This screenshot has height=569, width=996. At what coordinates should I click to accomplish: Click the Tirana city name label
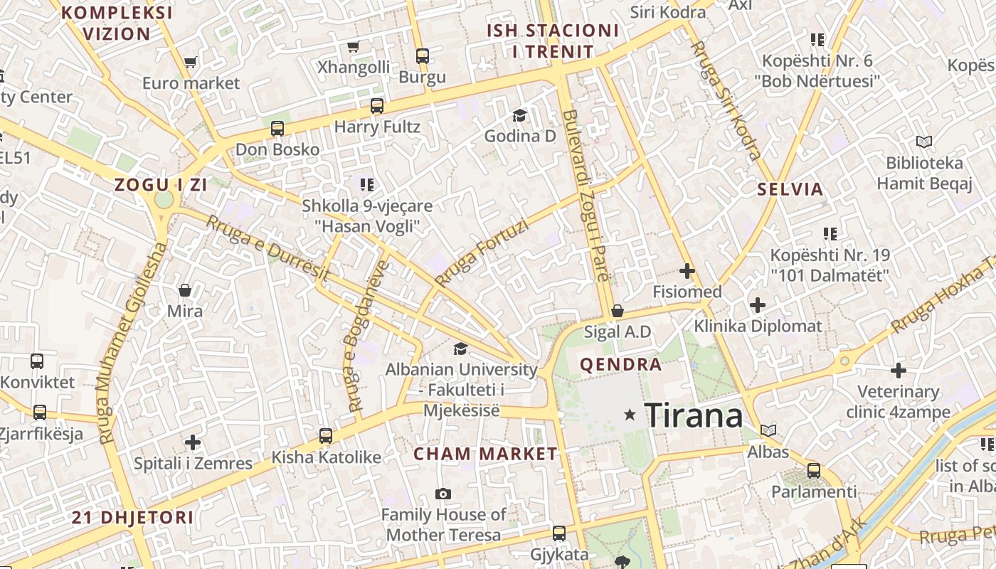click(x=693, y=415)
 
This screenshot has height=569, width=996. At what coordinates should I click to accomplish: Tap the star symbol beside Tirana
click(x=630, y=414)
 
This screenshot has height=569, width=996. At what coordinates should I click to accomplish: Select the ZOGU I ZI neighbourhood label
click(x=161, y=185)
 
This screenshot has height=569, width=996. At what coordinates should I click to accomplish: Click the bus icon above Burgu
click(x=423, y=55)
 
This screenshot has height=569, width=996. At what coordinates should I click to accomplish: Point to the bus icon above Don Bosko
click(x=277, y=129)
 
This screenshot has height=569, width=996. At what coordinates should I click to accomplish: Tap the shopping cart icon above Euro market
click(x=190, y=63)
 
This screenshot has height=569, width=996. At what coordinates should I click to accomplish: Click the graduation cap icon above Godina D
click(x=520, y=115)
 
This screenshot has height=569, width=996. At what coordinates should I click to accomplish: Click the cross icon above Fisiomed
click(x=687, y=270)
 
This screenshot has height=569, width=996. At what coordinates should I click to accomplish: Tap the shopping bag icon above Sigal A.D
click(x=618, y=311)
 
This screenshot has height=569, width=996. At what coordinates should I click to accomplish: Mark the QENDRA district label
click(x=621, y=365)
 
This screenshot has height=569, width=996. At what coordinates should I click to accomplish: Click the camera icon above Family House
click(x=443, y=494)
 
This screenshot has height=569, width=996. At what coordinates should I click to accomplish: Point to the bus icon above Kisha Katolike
click(x=326, y=435)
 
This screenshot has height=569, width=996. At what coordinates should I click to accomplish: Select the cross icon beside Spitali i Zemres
click(x=193, y=442)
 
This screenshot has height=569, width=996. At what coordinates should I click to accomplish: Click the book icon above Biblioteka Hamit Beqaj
click(x=923, y=142)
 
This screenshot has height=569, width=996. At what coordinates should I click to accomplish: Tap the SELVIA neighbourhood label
click(x=790, y=189)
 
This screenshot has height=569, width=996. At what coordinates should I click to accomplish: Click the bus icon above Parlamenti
click(x=814, y=470)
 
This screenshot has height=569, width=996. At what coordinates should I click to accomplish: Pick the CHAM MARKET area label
click(x=485, y=454)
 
